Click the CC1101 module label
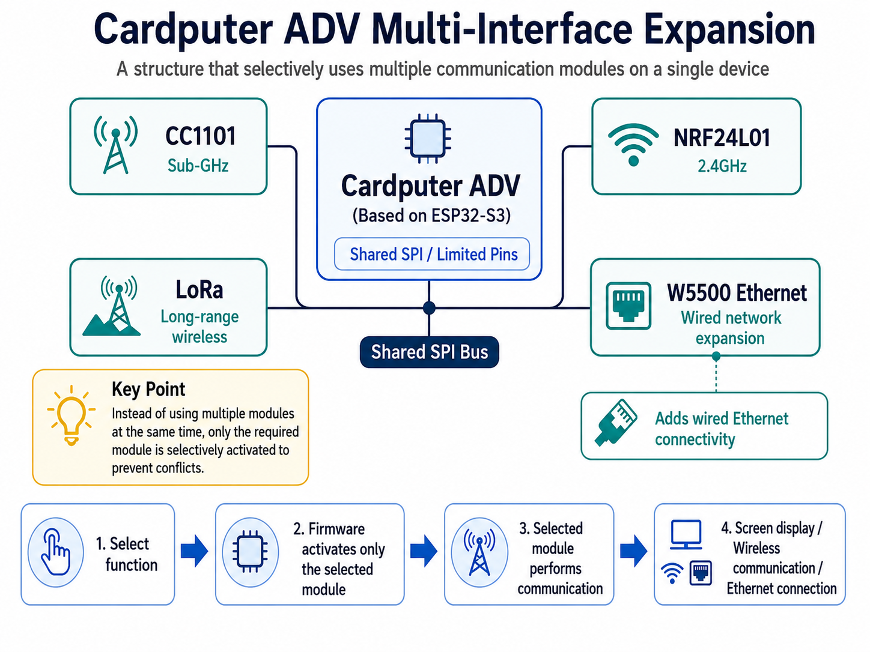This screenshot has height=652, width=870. point(200,136)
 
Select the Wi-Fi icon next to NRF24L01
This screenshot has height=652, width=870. point(633,145)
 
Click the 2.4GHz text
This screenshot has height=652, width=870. point(722,166)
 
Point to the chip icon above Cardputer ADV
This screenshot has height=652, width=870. point(428,139)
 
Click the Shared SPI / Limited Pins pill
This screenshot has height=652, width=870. point(432,254)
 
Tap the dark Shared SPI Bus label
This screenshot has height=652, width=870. point(429,352)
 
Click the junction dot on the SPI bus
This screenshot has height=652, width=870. point(429,307)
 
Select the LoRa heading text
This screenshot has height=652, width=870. point(199,289)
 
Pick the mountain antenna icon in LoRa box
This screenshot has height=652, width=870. point(112,306)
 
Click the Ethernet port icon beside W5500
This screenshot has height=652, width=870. point(628,306)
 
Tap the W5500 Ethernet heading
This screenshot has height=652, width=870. point(737,293)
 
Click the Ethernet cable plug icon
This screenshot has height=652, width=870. point(616,423)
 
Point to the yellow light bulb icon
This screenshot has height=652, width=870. point(71,415)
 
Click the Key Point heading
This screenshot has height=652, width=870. point(148,389)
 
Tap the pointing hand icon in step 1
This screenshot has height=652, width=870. point(56,552)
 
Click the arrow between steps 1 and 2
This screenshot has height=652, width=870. point(194,551)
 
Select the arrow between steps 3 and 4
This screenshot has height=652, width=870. point(633,551)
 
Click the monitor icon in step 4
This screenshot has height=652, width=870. point(686,534)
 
